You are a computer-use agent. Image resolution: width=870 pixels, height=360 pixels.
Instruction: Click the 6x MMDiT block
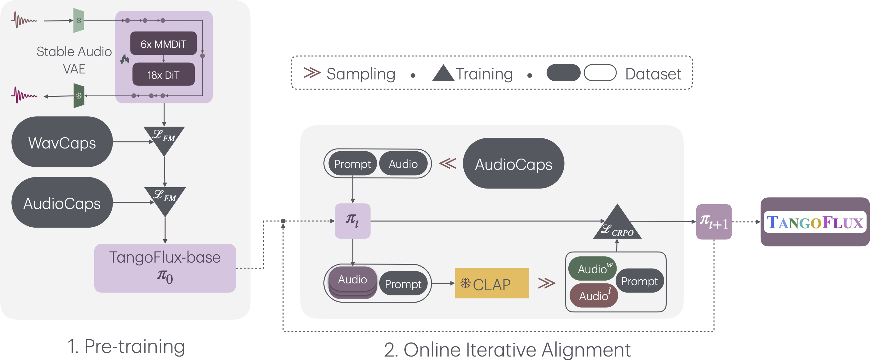coord(164,44)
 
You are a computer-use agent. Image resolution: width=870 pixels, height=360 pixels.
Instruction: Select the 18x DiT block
coord(164,75)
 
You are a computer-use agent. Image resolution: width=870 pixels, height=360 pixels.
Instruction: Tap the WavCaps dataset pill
coord(62,142)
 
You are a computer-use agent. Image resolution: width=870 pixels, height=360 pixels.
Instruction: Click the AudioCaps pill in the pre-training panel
coord(62,203)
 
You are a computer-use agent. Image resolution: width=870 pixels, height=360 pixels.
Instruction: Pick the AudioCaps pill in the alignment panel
coord(513,164)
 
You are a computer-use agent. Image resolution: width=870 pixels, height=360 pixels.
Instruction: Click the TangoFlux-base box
coord(165,268)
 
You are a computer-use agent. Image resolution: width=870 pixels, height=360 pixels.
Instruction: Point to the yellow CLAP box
coord(491,284)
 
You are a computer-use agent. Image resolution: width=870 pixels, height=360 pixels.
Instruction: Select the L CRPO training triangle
coord(617,224)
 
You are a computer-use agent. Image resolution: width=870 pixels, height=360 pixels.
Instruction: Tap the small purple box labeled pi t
coord(353,221)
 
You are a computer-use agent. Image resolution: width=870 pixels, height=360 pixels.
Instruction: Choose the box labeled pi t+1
coord(714,222)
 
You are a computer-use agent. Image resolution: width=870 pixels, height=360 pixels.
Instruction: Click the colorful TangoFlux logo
coord(815,222)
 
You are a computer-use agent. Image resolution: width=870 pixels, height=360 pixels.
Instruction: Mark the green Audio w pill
coord(592,269)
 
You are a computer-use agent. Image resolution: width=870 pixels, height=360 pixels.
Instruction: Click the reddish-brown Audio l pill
coord(593,295)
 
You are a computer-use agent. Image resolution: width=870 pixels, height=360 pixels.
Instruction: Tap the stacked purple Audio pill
coord(352,280)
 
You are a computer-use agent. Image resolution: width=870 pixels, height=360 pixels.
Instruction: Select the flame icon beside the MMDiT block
coord(125,60)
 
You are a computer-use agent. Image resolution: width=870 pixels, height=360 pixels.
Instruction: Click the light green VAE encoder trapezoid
coord(79,20)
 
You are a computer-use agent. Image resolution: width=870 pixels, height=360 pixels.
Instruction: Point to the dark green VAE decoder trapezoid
coord(79,96)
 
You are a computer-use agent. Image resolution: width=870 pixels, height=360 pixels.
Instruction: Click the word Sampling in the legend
coord(360,74)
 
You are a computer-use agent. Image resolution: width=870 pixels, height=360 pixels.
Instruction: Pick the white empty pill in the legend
coord(600,73)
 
